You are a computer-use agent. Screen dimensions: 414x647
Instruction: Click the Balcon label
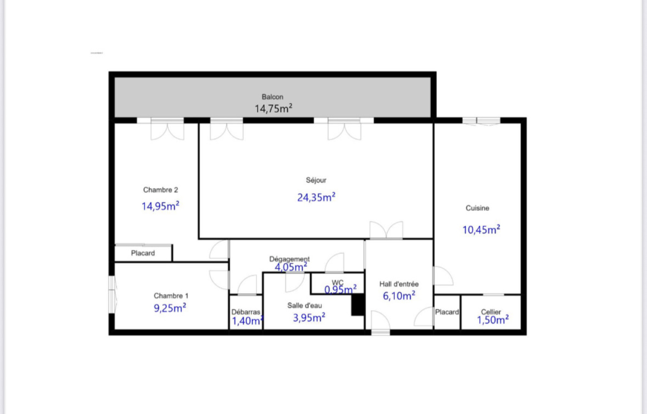273,97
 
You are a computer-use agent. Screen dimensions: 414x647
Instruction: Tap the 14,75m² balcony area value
273,108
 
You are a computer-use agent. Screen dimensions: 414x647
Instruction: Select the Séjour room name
316,180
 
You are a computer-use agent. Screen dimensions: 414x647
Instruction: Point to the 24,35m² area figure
316,197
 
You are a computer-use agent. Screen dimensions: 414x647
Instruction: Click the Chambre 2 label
160,190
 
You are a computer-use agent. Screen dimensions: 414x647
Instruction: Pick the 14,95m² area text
160,206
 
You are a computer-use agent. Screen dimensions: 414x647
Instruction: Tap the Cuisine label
477,208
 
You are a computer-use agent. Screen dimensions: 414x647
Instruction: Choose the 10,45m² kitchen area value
481,230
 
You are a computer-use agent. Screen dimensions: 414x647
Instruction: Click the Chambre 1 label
171,296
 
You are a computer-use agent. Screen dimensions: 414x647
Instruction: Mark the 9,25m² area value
170,308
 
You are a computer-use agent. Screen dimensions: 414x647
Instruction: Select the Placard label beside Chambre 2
143,253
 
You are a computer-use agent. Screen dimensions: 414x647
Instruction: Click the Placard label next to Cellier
447,312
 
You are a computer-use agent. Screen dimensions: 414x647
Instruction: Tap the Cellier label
491,312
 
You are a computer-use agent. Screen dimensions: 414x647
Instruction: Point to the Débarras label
246,312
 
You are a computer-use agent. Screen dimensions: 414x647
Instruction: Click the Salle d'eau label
305,306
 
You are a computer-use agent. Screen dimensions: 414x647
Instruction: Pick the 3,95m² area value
309,318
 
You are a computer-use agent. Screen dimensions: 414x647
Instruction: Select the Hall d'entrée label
399,284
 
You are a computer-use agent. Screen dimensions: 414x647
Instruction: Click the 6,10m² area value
399,296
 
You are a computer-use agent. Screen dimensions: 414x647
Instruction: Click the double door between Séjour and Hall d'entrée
386,231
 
